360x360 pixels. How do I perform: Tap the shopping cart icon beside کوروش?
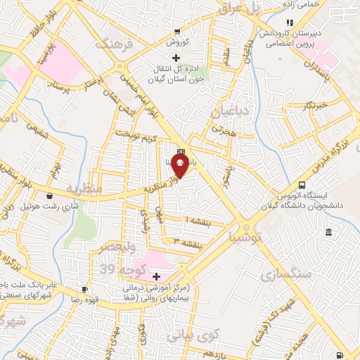178,31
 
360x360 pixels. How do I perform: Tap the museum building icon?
328,233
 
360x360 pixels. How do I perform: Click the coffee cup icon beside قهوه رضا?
85,289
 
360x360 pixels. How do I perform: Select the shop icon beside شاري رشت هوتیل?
49,195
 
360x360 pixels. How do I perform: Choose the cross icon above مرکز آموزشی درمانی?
156,276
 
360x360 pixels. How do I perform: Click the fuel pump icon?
341,356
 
